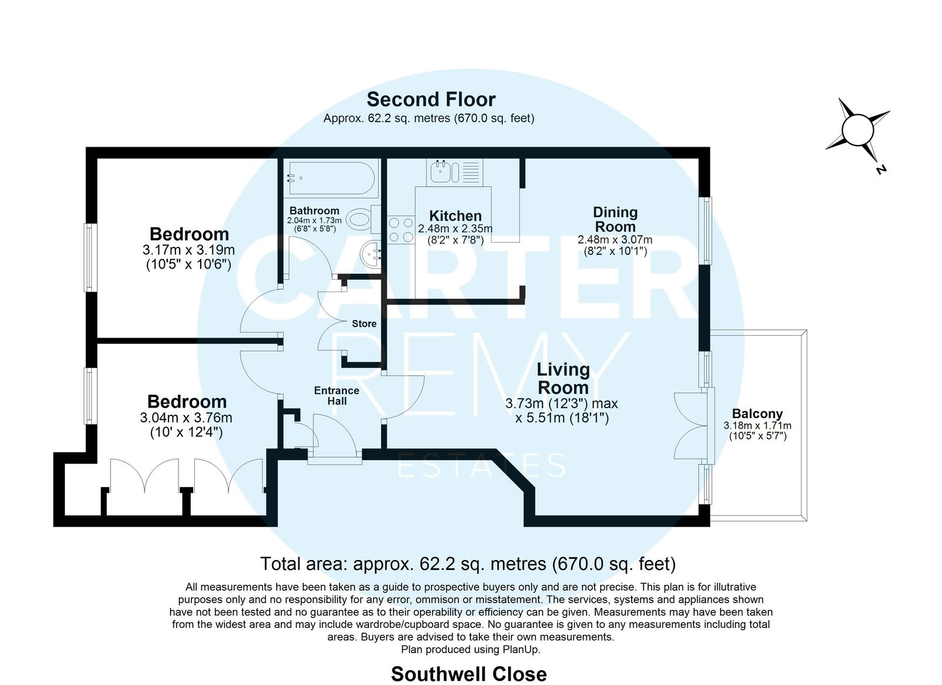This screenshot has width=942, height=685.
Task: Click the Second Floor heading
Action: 431,100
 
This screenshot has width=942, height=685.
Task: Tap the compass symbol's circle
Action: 858,130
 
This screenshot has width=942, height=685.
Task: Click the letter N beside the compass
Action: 881,169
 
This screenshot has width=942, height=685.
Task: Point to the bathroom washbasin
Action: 370,254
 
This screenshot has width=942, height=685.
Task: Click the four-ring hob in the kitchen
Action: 401,229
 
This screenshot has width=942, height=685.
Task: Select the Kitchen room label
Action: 455,216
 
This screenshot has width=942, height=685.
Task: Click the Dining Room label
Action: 615,219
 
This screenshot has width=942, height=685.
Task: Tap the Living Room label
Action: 563,378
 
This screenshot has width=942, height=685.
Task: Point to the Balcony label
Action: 757,413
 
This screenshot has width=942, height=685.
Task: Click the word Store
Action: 364,323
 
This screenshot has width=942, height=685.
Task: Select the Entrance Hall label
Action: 337,396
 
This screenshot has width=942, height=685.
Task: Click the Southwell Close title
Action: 469,674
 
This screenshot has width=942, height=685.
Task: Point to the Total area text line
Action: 468,564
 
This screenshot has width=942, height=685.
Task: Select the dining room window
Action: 705,230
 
